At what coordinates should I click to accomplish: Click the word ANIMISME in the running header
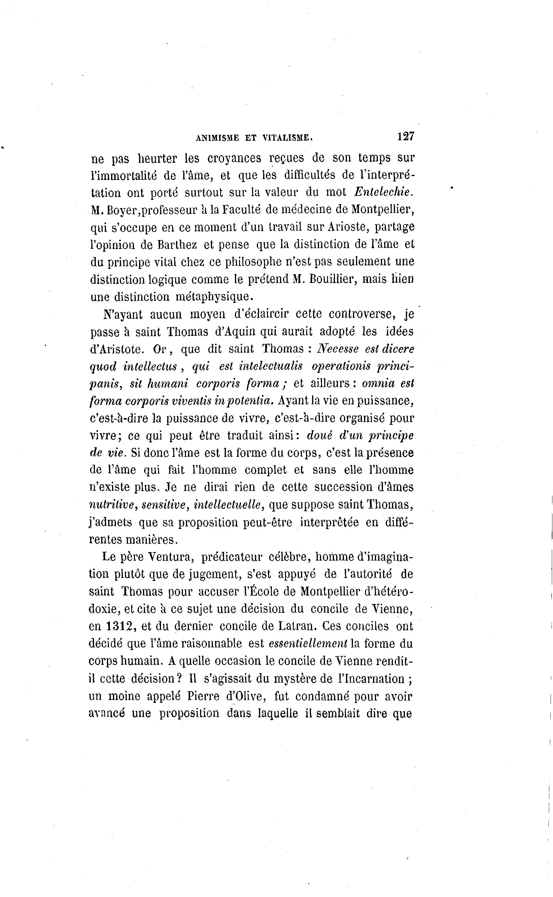[x=217, y=138]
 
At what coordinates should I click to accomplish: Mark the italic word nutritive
[x=112, y=505]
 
